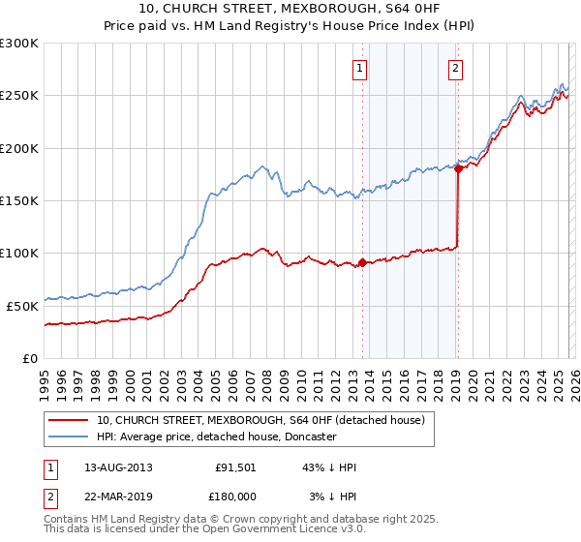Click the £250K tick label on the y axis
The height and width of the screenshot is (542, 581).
tap(19, 96)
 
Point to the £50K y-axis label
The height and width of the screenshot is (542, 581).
tap(22, 306)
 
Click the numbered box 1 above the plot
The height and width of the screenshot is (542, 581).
tap(359, 68)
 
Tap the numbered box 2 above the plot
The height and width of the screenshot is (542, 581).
tap(454, 68)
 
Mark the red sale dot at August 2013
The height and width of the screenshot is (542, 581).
tap(362, 262)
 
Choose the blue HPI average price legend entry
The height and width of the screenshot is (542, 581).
tap(216, 437)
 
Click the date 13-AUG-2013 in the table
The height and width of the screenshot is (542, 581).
tap(117, 467)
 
